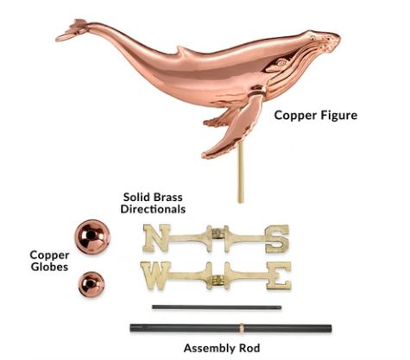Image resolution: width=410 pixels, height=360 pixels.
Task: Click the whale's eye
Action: [282, 62]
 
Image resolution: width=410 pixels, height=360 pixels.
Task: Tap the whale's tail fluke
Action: [71, 30]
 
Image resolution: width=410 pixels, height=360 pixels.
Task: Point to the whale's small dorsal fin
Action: [184, 51]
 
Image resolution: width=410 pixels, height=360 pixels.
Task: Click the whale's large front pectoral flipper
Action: [233, 128]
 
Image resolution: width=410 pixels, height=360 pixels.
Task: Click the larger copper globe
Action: [92, 237]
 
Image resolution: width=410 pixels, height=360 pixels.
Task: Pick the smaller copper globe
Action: [91, 284]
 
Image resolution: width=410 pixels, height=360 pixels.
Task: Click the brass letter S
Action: [277, 239]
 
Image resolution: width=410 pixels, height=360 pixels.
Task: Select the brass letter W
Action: [155, 275]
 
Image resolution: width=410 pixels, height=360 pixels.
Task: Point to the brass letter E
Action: [279, 275]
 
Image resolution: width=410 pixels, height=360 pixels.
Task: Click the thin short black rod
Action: [217, 307]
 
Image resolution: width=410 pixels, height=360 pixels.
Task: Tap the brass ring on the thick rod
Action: [242, 328]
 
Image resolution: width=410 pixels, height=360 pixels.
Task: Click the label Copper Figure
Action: [316, 116]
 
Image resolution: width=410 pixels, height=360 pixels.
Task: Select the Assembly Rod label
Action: [222, 348]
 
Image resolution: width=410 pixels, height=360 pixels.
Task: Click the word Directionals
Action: [153, 209]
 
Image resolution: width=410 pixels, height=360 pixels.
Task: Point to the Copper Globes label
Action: [49, 261]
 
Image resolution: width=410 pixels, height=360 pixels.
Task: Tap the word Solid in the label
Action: [136, 198]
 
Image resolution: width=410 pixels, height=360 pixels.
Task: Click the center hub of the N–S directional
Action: [218, 233]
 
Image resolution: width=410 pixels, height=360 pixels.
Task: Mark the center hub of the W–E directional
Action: [218, 279]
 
